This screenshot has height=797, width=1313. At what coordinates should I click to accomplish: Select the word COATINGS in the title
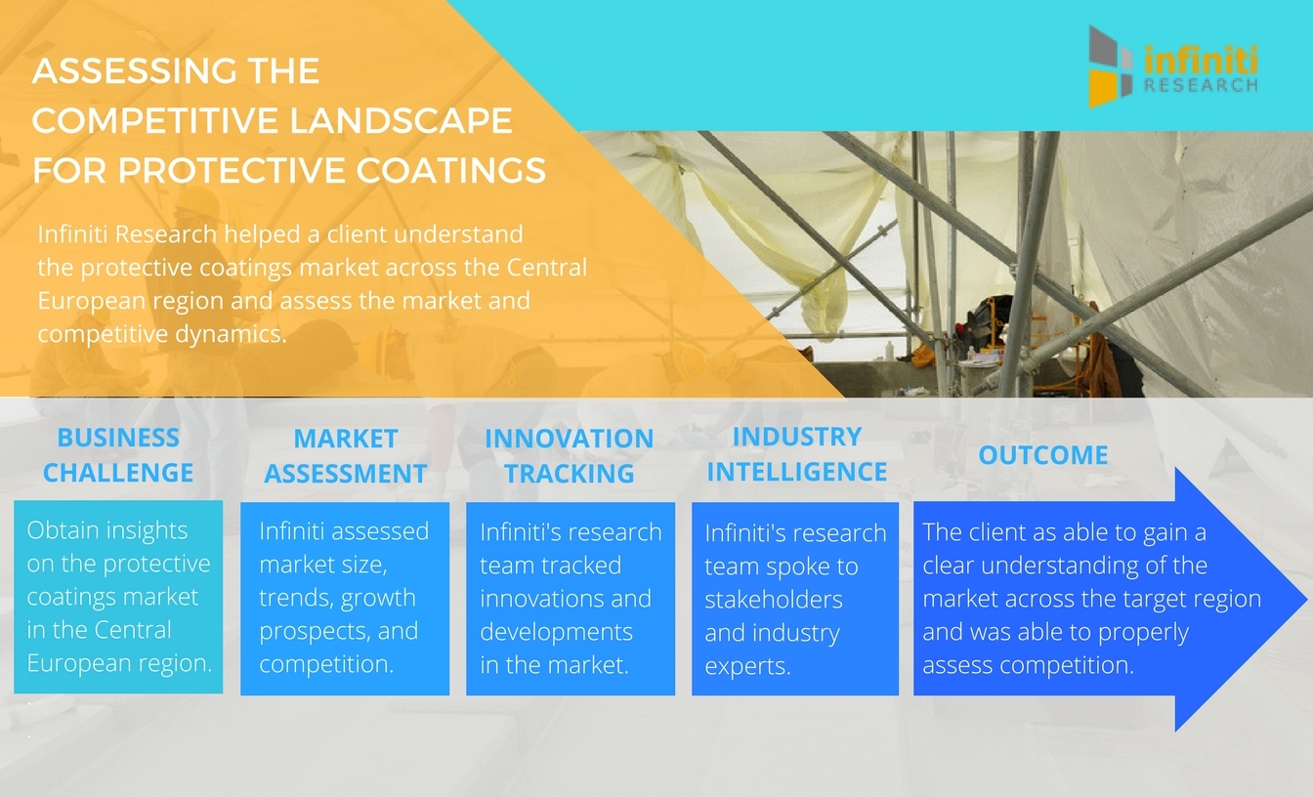click(x=450, y=171)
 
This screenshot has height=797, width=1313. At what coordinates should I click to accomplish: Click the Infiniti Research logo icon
click(x=1110, y=66)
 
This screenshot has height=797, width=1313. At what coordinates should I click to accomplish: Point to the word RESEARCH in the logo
click(x=1201, y=86)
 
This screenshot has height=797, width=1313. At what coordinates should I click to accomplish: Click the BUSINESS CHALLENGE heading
click(x=118, y=455)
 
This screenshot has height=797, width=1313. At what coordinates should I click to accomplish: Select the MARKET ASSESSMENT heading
click(x=345, y=456)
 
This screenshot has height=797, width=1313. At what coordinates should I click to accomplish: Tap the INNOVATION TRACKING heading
click(x=570, y=456)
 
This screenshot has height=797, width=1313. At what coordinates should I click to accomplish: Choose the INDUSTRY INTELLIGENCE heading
click(x=796, y=454)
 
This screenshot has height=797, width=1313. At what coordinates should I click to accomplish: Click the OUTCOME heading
click(x=1043, y=455)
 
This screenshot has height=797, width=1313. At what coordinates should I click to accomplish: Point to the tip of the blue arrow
click(x=1307, y=599)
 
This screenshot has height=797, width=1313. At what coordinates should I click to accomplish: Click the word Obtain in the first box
click(x=60, y=530)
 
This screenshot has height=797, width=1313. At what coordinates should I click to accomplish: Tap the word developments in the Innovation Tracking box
click(x=556, y=632)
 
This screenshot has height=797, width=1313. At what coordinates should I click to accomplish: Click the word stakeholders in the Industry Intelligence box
click(x=774, y=600)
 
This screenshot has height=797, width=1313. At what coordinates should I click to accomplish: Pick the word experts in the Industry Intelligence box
click(x=747, y=667)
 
